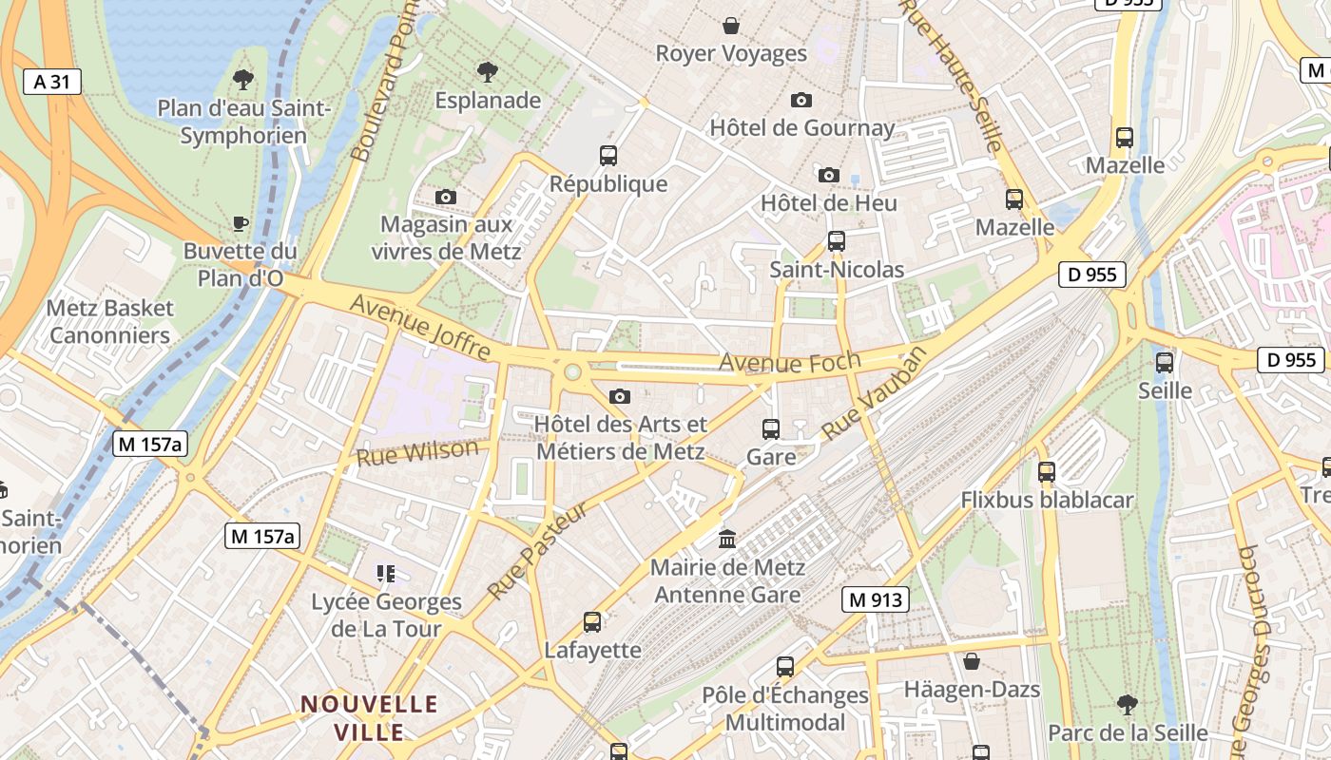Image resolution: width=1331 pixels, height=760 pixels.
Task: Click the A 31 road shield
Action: [x=51, y=82]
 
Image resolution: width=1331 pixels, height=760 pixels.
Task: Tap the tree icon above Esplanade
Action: [x=488, y=71]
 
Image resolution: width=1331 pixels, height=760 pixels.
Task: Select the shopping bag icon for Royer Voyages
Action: [x=731, y=25]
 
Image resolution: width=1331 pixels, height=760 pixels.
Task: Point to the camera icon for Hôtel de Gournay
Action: [x=801, y=100]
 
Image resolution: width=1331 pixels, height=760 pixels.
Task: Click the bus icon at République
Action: [x=608, y=155]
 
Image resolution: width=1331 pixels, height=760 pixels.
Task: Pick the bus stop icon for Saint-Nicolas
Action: [x=837, y=241]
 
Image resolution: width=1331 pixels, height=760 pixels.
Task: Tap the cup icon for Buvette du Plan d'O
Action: [x=241, y=223]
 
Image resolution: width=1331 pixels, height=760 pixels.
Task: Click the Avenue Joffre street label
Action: [x=420, y=328]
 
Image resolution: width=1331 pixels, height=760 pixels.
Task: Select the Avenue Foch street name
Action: [x=790, y=362]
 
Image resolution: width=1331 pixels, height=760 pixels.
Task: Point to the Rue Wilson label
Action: [x=417, y=452]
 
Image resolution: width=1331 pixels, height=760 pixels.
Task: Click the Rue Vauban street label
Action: [x=874, y=393]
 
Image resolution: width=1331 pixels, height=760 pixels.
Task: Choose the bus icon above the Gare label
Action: [x=771, y=428]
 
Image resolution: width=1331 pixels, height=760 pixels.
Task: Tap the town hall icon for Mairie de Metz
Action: [x=728, y=540]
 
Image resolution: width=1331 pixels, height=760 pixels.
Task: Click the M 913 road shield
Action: [x=875, y=599]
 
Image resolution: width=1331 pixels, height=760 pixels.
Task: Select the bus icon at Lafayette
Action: [x=592, y=622]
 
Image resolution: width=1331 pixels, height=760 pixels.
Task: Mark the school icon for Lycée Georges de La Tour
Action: [x=386, y=573]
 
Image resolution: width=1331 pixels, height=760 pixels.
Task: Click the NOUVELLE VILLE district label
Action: [x=369, y=718]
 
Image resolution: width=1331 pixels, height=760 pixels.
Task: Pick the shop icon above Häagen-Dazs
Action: [x=972, y=661]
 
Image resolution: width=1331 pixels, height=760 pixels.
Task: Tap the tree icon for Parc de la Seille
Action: [x=1128, y=704]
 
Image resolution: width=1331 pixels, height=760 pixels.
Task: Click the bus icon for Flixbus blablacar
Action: [x=1047, y=471]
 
